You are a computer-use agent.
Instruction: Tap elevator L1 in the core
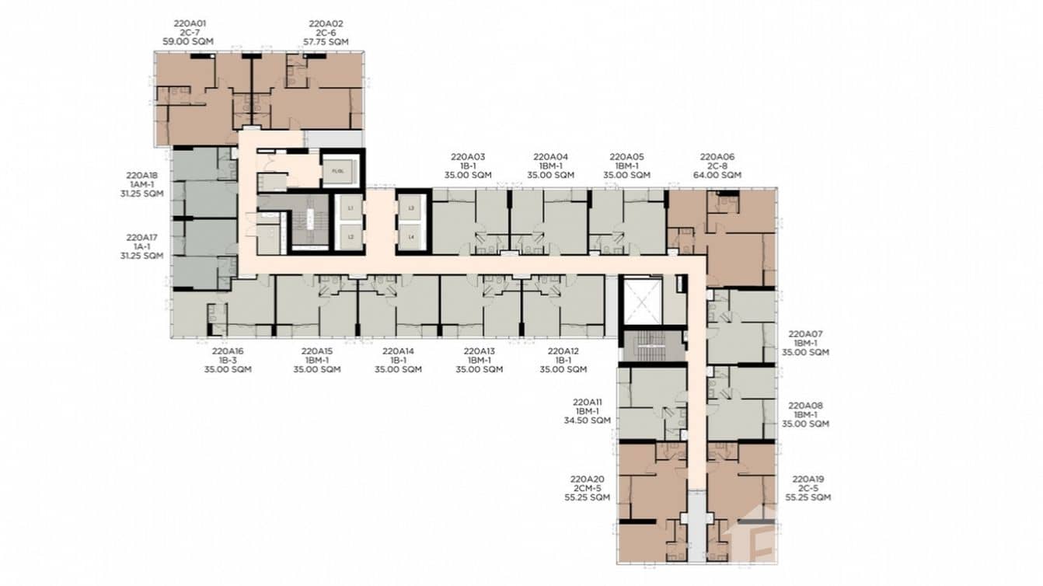[x=350, y=209]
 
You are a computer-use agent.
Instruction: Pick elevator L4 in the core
[x=412, y=236]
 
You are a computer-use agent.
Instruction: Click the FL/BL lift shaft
[x=338, y=169]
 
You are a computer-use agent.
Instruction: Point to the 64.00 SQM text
[x=717, y=175]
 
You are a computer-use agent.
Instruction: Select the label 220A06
[x=717, y=156]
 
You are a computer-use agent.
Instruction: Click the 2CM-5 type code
[x=587, y=488]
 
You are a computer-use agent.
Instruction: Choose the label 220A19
[x=808, y=479]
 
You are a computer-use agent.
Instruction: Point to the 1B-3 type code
[x=228, y=360]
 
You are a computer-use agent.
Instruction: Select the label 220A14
[x=398, y=351]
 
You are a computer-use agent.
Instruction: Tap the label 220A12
[x=563, y=351]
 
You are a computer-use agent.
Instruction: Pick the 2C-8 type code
[x=717, y=166]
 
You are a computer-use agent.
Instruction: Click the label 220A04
[x=552, y=156]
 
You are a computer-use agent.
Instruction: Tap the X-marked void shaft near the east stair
[x=641, y=299]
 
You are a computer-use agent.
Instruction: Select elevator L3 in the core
[x=412, y=209]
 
